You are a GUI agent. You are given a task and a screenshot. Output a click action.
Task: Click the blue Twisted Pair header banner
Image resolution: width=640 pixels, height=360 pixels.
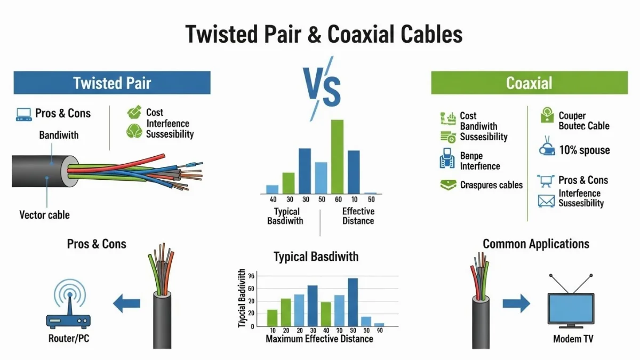coord(112,83)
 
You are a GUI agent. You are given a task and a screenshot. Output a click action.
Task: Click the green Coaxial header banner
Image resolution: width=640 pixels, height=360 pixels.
coord(529,83)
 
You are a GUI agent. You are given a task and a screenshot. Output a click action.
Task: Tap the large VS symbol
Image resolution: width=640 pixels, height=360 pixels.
coord(322,88)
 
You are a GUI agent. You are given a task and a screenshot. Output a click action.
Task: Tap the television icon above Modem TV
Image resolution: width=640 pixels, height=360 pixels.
coord(571,304)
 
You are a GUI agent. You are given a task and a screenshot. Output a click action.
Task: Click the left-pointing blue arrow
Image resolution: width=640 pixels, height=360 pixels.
coord(127,303)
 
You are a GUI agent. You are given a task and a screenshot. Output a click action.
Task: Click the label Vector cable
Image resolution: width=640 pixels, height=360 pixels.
coord(45,215)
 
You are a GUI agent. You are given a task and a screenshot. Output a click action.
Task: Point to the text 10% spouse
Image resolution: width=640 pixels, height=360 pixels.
coord(584,150)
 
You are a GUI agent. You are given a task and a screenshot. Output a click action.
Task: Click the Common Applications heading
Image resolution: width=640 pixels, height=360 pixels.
coord(535,244)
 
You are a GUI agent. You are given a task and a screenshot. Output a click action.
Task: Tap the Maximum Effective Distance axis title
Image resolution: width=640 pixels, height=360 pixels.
coord(319,339)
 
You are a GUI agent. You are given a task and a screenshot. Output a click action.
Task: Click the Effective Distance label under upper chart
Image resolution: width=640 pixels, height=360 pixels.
coord(358,216)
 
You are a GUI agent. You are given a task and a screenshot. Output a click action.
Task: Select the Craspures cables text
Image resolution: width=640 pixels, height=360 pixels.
coord(491,185)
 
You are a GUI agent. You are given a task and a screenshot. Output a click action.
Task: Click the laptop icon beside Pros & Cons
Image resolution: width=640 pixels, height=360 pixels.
coord(23,114)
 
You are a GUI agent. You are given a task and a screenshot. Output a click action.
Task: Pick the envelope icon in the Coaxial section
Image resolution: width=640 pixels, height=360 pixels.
coord(547,201)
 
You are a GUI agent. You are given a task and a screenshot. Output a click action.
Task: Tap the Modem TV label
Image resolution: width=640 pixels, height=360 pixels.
coord(573,339)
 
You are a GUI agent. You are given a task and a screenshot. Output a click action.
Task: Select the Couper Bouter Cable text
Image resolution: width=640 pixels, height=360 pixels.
coord(583,121)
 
